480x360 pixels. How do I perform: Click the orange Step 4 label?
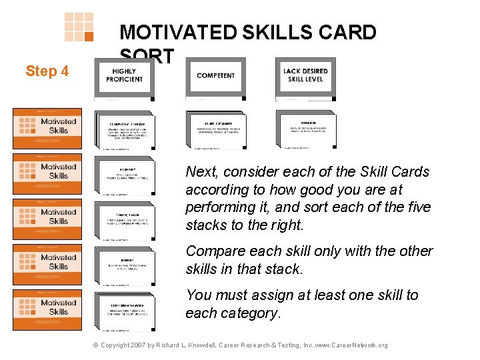tap(47, 71)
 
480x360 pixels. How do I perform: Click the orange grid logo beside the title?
tap(79, 27)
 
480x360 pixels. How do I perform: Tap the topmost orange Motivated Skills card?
tap(47, 128)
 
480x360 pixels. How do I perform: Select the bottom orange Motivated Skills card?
tap(47, 309)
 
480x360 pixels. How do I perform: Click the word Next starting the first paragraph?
tap(201, 172)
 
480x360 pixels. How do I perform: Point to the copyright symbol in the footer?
tap(95, 345)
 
